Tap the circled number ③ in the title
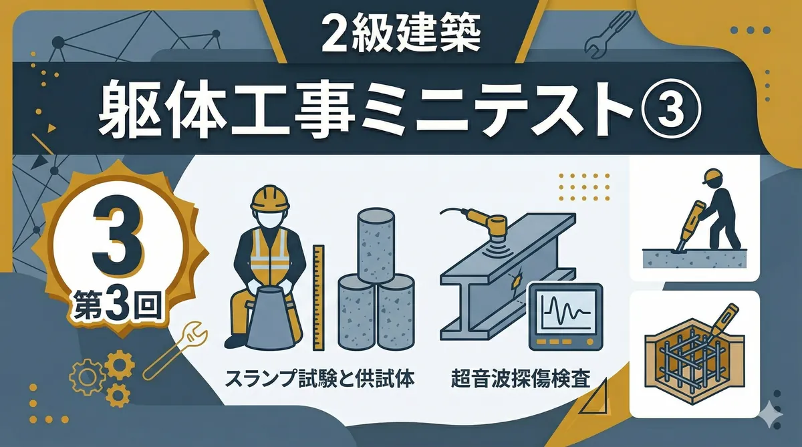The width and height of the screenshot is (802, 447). (670, 109)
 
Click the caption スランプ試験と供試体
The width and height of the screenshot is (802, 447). (319, 379)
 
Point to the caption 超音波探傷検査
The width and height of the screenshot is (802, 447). (520, 379)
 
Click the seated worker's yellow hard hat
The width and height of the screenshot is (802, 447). (269, 198)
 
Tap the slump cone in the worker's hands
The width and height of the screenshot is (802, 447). (271, 318)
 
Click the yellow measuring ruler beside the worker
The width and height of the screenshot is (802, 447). (318, 297)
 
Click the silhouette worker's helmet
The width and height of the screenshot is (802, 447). (712, 176)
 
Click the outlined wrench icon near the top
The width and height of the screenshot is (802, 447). (608, 34)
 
